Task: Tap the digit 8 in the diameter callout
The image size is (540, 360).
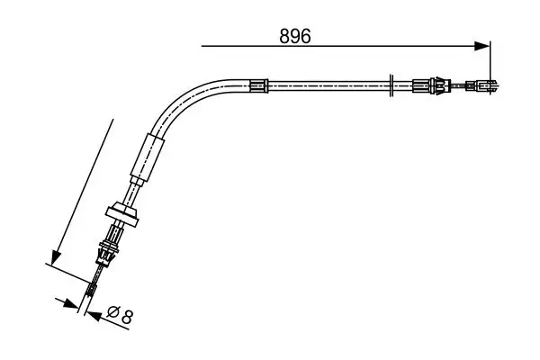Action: click(128, 316)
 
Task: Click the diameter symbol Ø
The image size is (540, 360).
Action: click(112, 316)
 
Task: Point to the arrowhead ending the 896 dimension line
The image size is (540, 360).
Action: click(484, 44)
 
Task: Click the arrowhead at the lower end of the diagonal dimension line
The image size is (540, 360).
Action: click(55, 259)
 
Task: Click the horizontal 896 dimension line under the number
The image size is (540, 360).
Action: click(342, 44)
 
